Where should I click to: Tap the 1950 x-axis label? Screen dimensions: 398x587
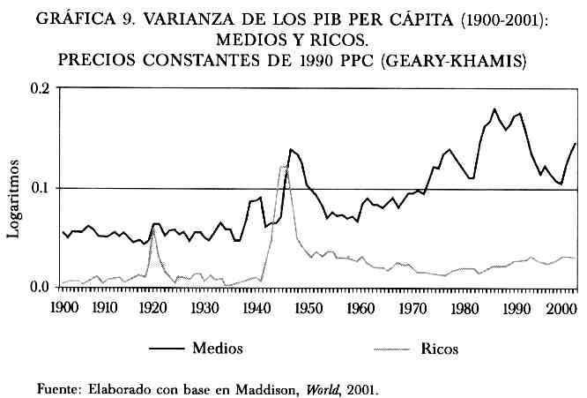tap(308, 307)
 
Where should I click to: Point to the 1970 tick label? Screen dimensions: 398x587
tap(410, 307)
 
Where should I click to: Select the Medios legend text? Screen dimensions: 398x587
tap(217, 348)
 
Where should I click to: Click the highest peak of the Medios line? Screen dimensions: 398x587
tap(494, 109)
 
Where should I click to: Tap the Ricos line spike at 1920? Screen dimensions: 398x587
tap(153, 229)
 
